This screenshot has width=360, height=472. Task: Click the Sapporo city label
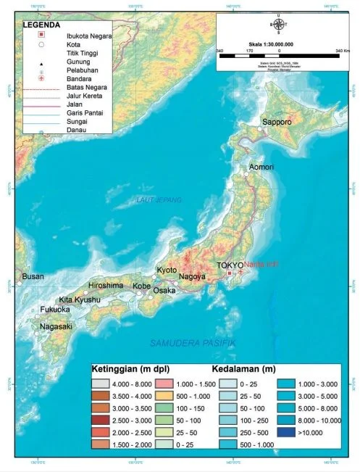277,123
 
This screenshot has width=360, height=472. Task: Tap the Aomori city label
261,167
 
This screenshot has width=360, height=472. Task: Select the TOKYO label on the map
230,265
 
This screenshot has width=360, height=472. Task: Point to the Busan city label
33,276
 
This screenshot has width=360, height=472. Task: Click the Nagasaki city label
56,326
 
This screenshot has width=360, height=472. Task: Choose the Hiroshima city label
106,286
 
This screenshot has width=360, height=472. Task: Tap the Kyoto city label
167,270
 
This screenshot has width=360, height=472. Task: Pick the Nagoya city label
193,276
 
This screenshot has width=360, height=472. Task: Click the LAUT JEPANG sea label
159,199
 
